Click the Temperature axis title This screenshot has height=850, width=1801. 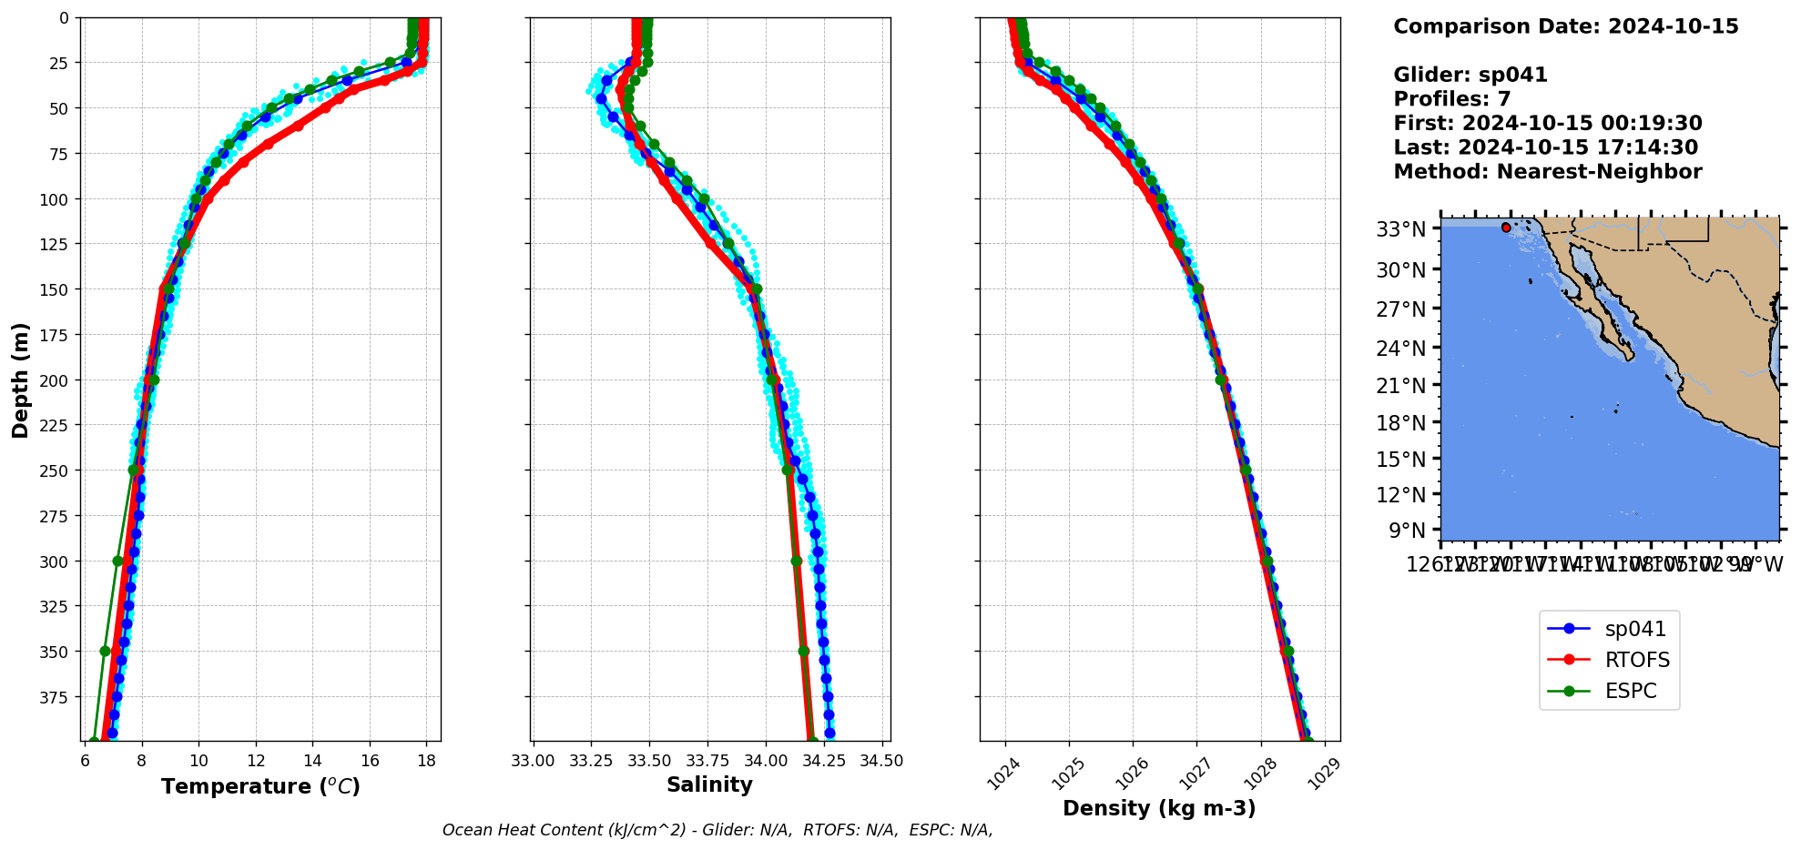pos(260,786)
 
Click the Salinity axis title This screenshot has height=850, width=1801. pos(709,784)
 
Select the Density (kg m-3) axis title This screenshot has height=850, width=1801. pos(1159,808)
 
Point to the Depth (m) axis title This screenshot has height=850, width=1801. pos(20,379)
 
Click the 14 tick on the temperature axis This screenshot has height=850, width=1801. pos(312,761)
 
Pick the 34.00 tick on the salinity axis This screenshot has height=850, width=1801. pos(765,761)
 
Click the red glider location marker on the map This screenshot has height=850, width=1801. pos(1506,228)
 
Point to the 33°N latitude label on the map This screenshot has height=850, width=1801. pos(1400,229)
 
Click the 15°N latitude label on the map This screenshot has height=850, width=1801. pos(1400,460)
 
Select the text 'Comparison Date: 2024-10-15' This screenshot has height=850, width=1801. pos(1565,26)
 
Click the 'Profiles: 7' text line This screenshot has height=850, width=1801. pos(1451,99)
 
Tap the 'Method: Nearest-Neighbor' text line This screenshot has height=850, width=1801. pos(1547,172)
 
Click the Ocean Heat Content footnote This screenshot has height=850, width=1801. pos(717,830)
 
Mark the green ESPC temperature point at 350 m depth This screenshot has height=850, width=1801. pos(105,651)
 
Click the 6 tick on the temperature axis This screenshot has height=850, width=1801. pos(85,761)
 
